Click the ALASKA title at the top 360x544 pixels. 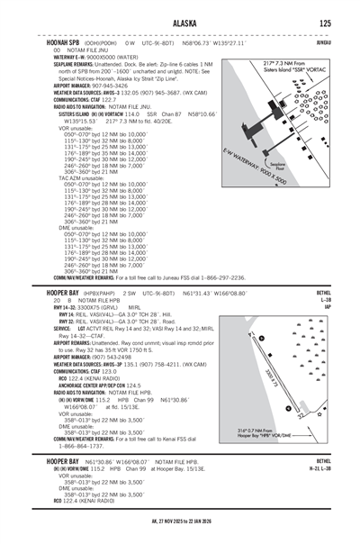(179, 24)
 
